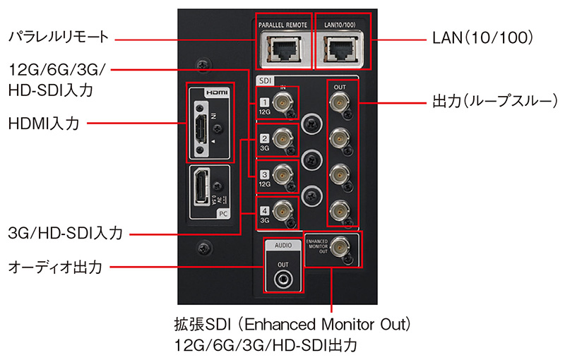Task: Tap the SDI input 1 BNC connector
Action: point(284,103)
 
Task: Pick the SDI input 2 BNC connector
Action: point(284,139)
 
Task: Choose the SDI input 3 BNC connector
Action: point(284,174)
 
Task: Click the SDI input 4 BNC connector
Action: point(284,210)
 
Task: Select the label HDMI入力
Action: point(43,124)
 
